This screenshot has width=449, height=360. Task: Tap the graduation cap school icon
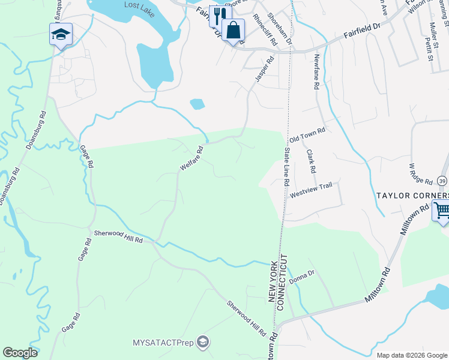click(x=61, y=34)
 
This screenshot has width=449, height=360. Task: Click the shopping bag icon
click(x=233, y=29)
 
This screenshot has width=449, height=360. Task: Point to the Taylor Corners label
click(x=412, y=196)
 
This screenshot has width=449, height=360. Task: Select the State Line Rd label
click(x=286, y=166)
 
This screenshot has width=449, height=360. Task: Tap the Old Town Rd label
click(x=307, y=134)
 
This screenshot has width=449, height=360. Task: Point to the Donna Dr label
click(x=301, y=276)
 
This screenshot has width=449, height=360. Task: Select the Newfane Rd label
click(x=315, y=71)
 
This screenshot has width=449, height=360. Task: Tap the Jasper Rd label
click(x=264, y=69)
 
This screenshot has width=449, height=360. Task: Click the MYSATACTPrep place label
click(x=165, y=343)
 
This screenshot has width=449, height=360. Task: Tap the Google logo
click(x=20, y=353)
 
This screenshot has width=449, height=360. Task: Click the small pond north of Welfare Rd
click(x=197, y=104)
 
